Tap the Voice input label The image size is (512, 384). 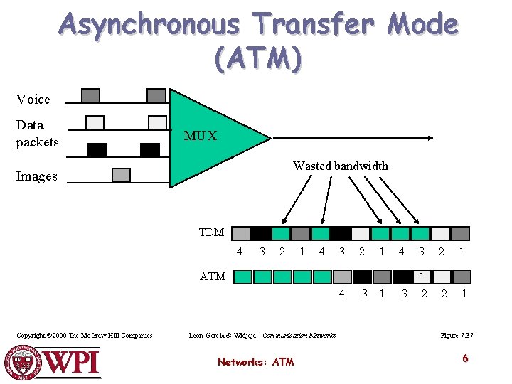[33, 100]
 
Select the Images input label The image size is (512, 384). [36, 176]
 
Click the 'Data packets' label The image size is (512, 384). [37, 134]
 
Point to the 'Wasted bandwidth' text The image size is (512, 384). [341, 166]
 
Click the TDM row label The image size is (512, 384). [211, 233]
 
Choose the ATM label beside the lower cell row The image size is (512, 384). [213, 277]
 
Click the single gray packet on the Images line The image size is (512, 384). [122, 175]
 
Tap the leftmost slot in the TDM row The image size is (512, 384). [242, 233]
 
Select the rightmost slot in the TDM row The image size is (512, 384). [461, 233]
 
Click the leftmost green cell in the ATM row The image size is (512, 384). [242, 277]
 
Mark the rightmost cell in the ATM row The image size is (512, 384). [462, 277]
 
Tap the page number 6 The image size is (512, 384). [465, 358]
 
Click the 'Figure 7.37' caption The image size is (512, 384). [457, 335]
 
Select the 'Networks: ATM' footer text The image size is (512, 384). [255, 362]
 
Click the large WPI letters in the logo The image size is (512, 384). [72, 363]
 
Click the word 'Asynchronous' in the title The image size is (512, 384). [150, 25]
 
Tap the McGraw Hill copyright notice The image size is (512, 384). [85, 335]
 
